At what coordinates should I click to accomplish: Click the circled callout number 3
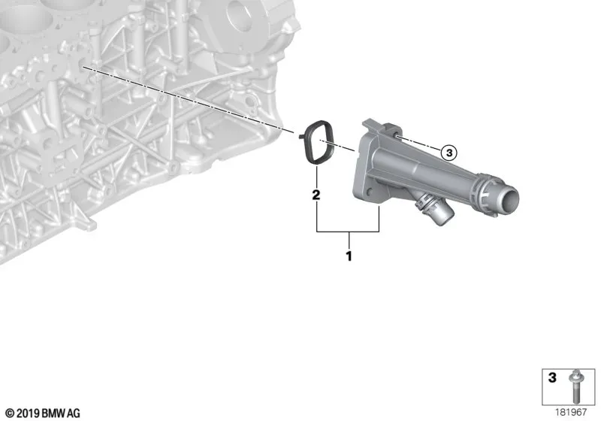click(x=448, y=153)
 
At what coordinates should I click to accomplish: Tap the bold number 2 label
click(x=316, y=195)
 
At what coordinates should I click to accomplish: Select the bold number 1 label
click(x=349, y=256)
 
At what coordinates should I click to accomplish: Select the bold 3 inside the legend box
click(x=552, y=377)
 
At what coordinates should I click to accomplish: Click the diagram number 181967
click(x=571, y=412)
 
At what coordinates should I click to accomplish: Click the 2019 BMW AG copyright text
click(x=43, y=413)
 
